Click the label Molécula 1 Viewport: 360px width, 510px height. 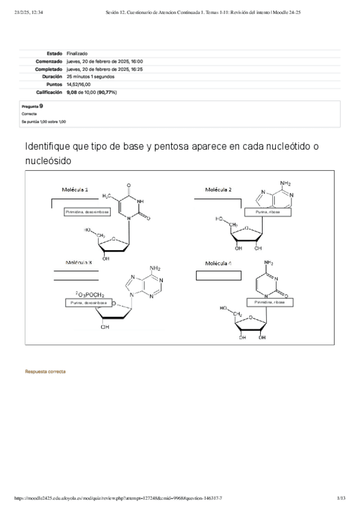pyautogui.click(x=75, y=189)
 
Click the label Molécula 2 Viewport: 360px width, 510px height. pyautogui.click(x=218, y=189)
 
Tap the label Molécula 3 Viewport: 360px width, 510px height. pyautogui.click(x=78, y=262)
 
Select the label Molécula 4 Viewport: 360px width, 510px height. pyautogui.click(x=218, y=263)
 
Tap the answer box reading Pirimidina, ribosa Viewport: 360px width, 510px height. pyautogui.click(x=269, y=303)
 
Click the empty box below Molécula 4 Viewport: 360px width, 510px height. pyautogui.click(x=218, y=275)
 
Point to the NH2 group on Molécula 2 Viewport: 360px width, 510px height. pyautogui.click(x=285, y=183)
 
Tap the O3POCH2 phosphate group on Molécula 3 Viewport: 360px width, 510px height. pyautogui.click(x=90, y=295)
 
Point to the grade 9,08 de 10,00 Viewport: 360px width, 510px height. pyautogui.click(x=92, y=93)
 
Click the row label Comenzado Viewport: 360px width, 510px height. pyautogui.click(x=49, y=61)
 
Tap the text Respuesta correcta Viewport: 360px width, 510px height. pyautogui.click(x=45, y=372)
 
